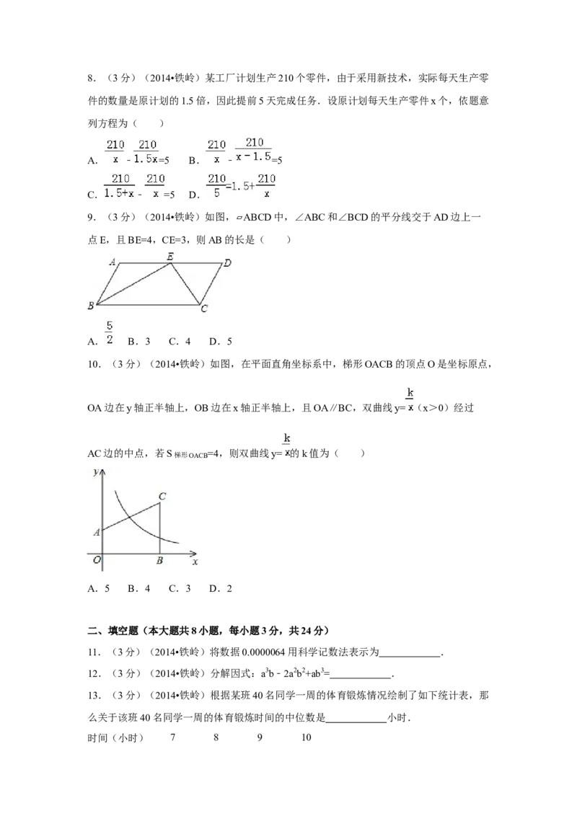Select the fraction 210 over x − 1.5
click(255, 150)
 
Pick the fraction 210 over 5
click(216, 185)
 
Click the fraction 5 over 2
click(110, 332)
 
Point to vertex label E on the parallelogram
click(170, 256)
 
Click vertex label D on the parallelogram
click(227, 263)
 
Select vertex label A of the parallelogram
click(113, 262)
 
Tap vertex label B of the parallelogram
click(91, 306)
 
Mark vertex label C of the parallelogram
click(204, 310)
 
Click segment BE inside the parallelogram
click(133, 284)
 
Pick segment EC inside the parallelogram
click(185, 284)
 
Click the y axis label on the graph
click(96, 472)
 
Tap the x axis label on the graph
click(195, 561)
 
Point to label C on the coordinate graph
click(162, 496)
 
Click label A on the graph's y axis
click(97, 532)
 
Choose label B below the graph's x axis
click(159, 562)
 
